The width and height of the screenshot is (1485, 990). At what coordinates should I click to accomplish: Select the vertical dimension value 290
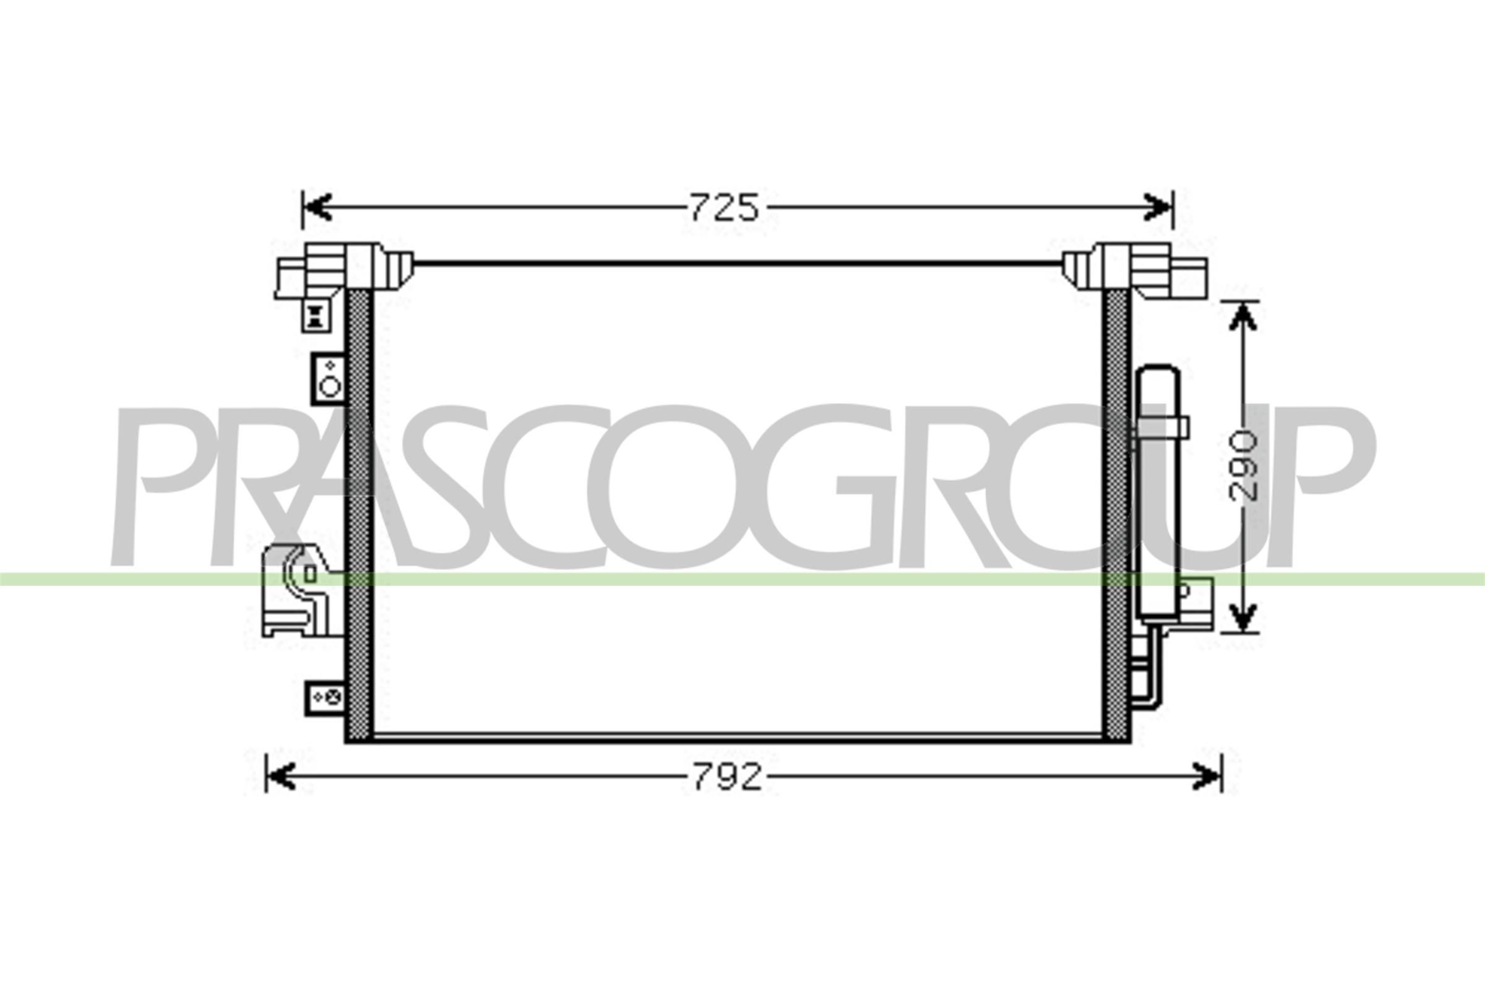(x=1243, y=465)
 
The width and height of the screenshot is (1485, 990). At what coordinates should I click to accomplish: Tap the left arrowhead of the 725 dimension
(x=317, y=207)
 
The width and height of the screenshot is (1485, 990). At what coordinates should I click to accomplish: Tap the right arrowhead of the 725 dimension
(x=1158, y=207)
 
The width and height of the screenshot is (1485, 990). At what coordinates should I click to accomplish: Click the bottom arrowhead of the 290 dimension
(x=1242, y=616)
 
